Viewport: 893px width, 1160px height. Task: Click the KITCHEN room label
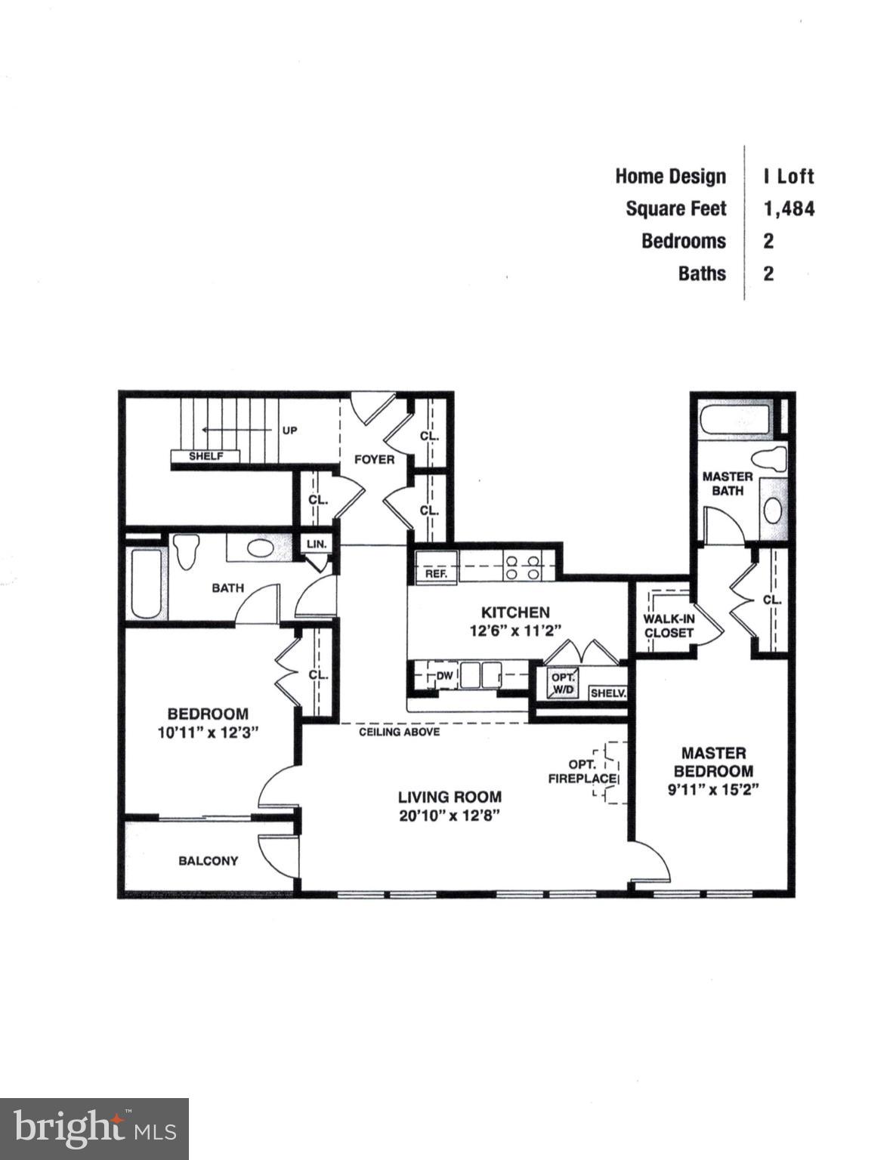(x=516, y=612)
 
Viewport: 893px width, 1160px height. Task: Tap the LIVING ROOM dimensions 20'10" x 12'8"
(x=450, y=816)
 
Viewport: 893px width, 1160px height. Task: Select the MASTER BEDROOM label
(x=713, y=762)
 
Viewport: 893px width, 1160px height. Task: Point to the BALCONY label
(x=209, y=861)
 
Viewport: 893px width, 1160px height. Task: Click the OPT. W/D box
(x=563, y=683)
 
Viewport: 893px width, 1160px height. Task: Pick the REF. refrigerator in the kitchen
(x=437, y=573)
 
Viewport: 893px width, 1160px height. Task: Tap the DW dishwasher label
(x=444, y=676)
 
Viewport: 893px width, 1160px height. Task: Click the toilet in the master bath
(x=771, y=460)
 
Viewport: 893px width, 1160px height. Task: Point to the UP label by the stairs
(x=290, y=430)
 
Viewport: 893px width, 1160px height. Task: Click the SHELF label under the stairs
(x=205, y=456)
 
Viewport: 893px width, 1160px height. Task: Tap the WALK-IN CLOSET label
(x=669, y=626)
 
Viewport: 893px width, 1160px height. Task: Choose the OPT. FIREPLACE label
(x=583, y=770)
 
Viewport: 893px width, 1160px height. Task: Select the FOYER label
(x=375, y=458)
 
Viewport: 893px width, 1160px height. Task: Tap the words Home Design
(x=670, y=176)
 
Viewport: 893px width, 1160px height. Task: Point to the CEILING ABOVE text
(x=399, y=732)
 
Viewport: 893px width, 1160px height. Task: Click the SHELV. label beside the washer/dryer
(x=608, y=693)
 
